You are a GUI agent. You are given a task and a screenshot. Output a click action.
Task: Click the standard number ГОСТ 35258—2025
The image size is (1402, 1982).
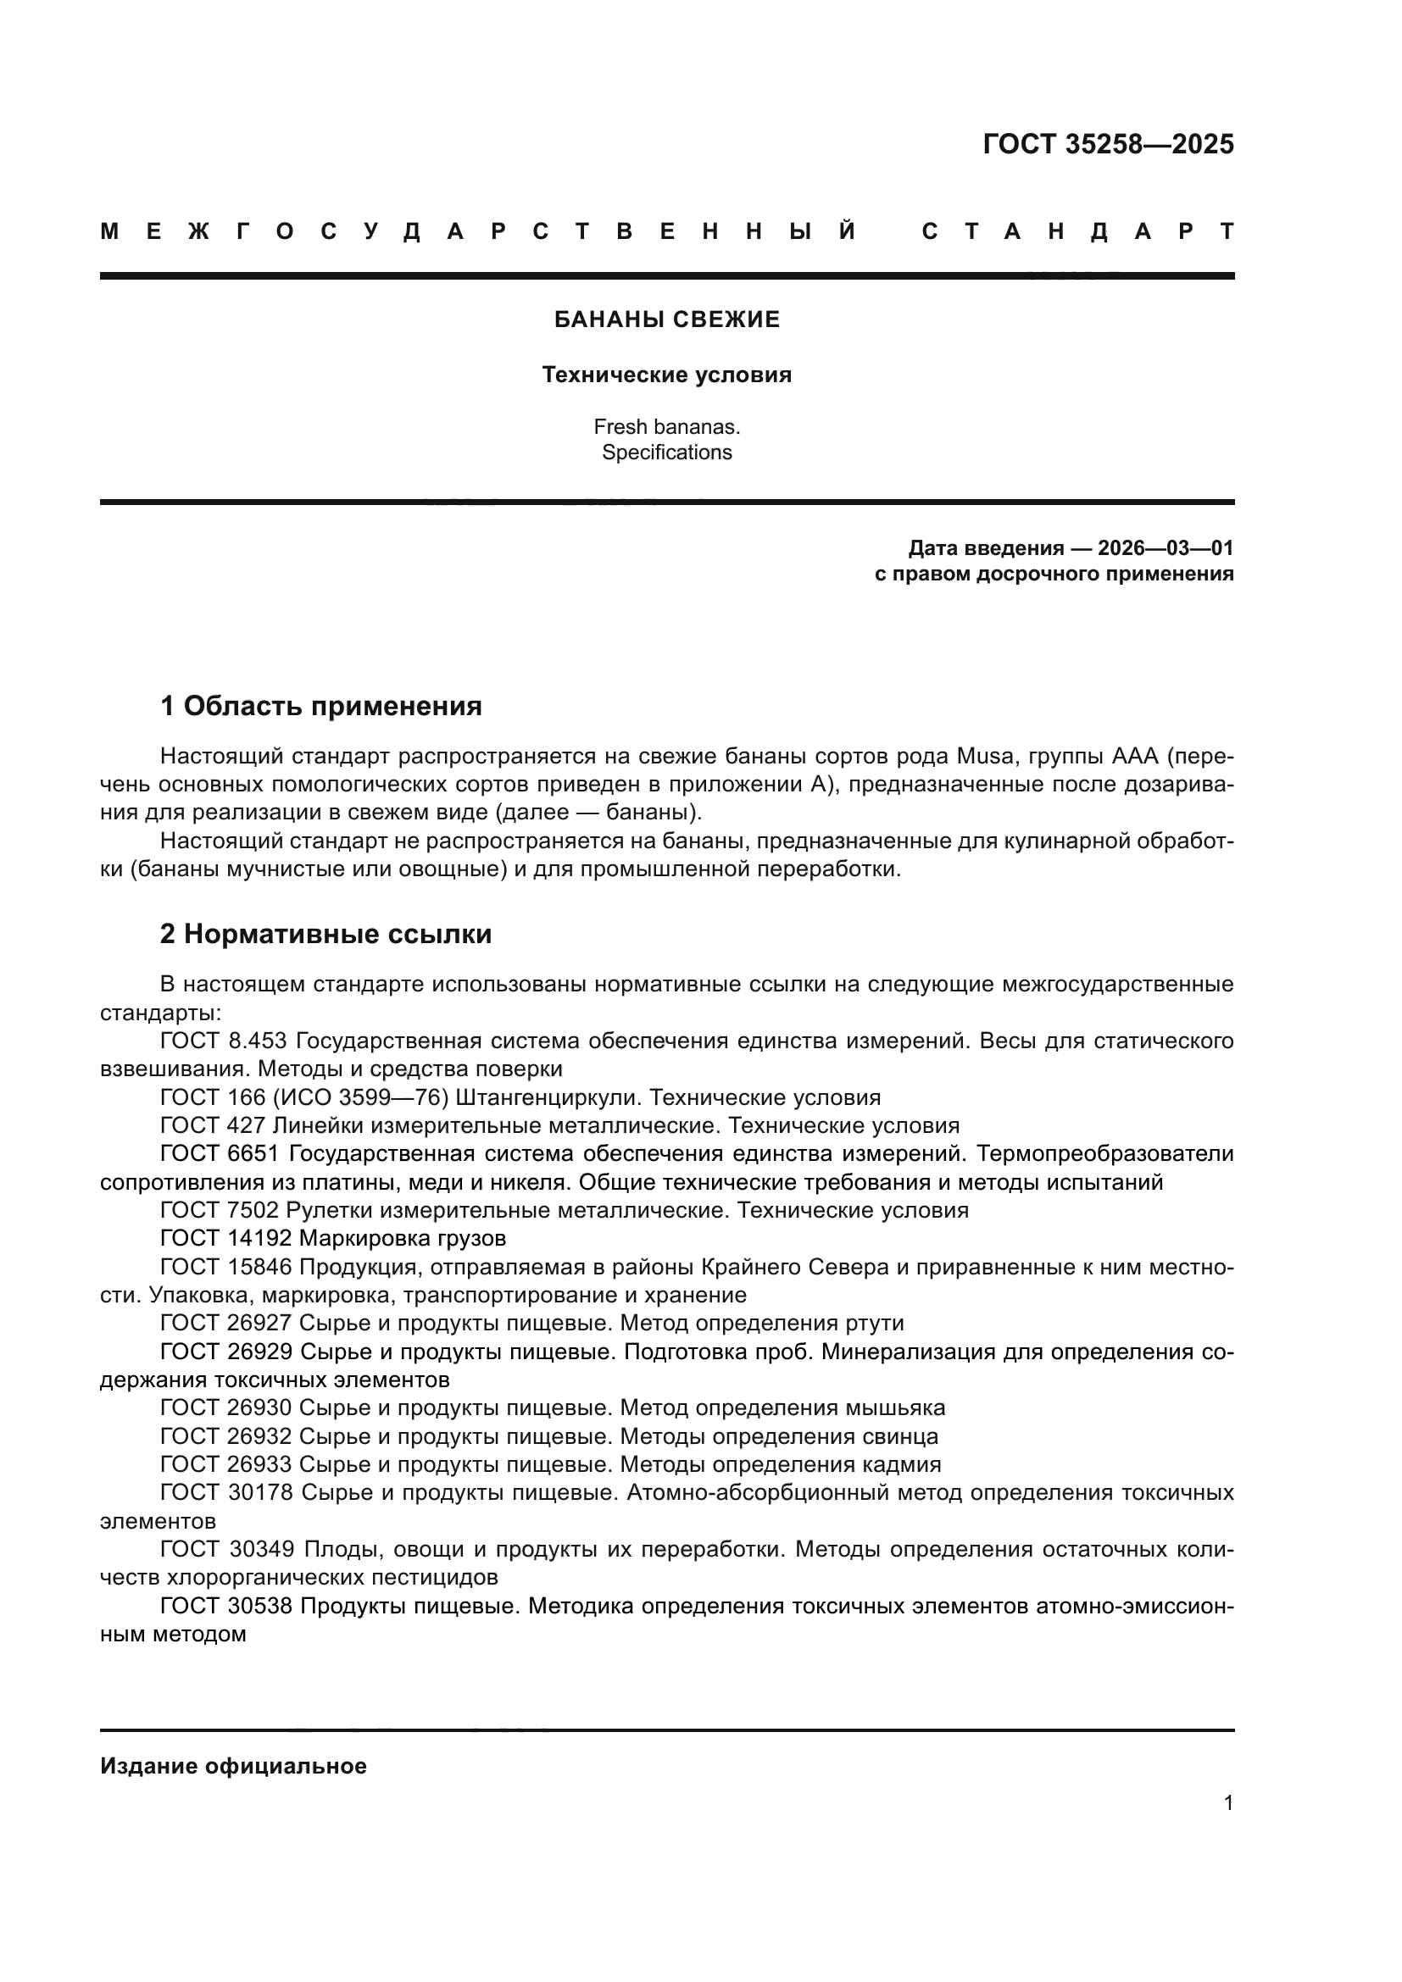(x=1108, y=144)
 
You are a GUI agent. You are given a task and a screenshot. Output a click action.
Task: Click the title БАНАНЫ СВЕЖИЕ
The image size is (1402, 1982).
(x=666, y=320)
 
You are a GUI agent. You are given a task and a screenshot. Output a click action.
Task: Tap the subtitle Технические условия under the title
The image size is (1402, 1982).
(x=666, y=375)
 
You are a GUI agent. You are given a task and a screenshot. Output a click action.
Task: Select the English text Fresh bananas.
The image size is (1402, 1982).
(x=666, y=426)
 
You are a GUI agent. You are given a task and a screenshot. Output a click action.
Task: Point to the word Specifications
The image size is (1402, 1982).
(x=666, y=452)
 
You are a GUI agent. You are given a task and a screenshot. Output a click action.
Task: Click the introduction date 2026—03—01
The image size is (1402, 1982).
(x=1165, y=548)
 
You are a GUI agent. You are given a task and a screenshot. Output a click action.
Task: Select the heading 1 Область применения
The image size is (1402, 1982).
(x=321, y=706)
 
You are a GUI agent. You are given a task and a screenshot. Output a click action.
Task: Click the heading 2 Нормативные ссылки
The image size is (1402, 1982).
(x=325, y=934)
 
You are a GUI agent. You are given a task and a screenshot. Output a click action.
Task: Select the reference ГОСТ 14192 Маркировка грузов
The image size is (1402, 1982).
(x=333, y=1239)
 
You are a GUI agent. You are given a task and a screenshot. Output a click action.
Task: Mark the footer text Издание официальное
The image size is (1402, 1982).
(x=233, y=1766)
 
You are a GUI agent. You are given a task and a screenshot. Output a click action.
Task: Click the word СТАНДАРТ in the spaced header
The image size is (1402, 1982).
(x=1077, y=232)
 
